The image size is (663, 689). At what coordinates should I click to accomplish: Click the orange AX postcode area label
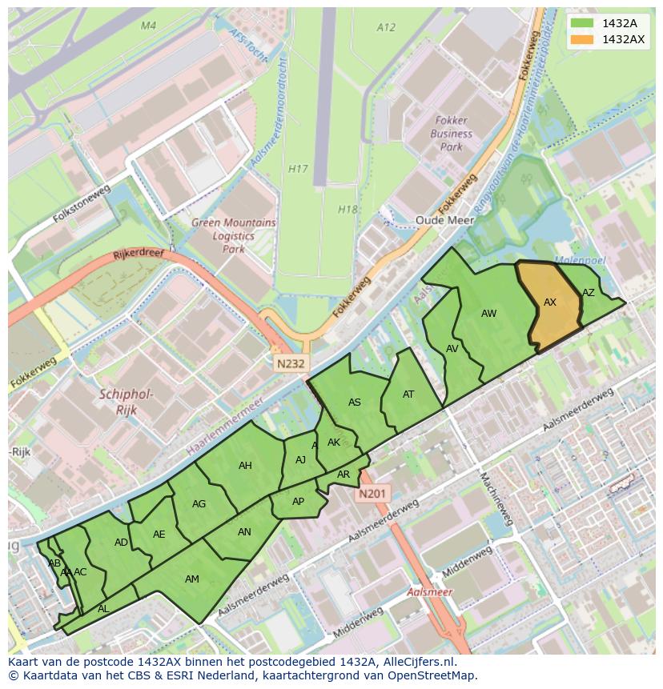point(550,302)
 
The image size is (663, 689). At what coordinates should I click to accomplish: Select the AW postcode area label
point(489,314)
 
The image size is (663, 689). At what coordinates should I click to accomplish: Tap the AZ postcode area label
point(589,293)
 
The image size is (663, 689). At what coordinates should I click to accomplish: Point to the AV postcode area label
point(452,349)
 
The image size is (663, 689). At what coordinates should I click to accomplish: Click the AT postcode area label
point(408,395)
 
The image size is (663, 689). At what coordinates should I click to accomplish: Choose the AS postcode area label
point(355,403)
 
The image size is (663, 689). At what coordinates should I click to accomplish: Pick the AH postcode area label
point(245,466)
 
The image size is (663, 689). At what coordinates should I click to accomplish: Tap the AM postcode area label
point(192,579)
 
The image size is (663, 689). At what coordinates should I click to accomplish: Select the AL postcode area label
point(103,609)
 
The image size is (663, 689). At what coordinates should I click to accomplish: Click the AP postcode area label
point(298,502)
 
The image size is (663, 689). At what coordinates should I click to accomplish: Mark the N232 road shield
point(291,363)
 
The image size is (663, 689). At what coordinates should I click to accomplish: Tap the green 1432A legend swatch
point(583,23)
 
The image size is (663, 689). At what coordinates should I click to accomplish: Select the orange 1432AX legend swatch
point(583,39)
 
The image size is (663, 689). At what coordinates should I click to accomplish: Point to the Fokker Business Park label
point(452,134)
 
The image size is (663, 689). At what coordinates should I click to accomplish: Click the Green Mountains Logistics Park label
point(234,236)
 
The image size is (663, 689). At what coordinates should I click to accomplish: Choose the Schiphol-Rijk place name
point(127,402)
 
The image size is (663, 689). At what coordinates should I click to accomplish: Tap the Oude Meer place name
point(444,220)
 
